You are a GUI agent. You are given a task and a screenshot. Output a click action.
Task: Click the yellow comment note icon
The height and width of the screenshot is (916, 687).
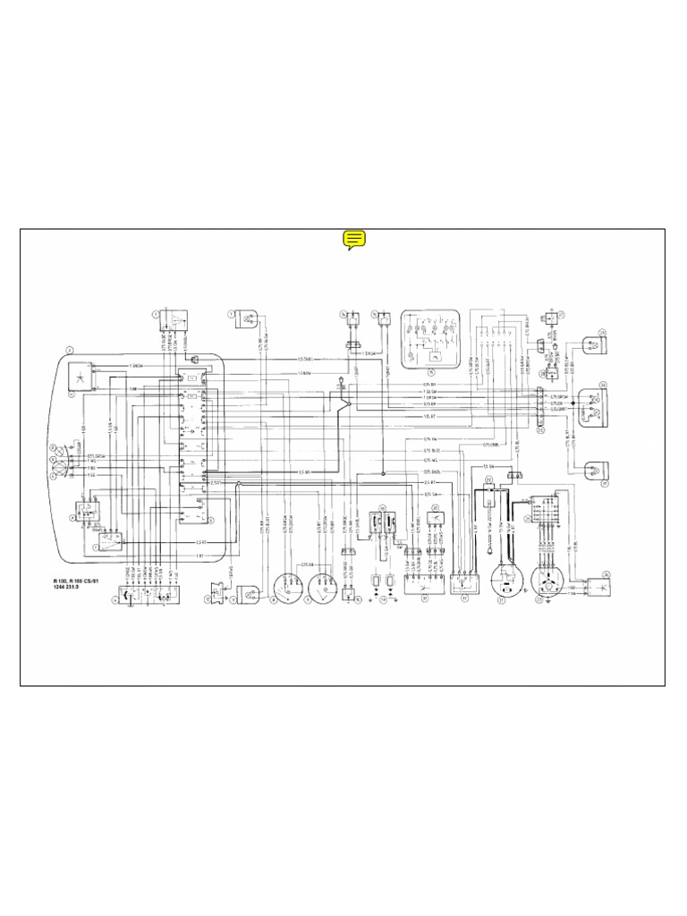[x=354, y=239]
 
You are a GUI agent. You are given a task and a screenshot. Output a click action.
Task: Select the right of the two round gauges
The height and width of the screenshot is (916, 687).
[x=322, y=587]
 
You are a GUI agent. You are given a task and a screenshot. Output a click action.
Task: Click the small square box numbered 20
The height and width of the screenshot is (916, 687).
[x=437, y=519]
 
